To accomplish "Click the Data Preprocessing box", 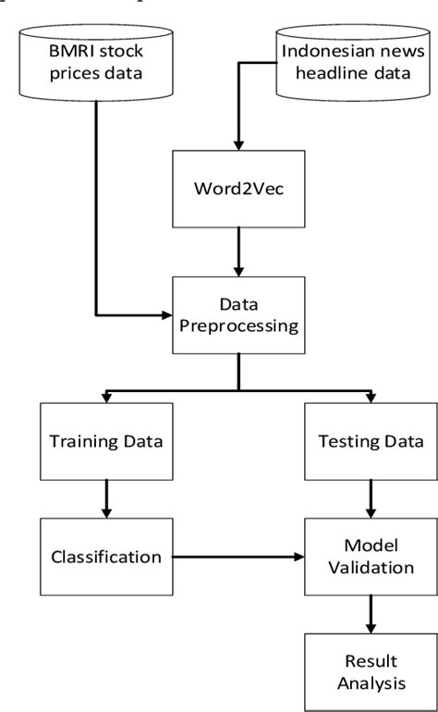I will point(238,313).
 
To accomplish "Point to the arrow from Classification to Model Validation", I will point(231,557).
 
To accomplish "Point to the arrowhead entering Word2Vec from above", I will point(238,145).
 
